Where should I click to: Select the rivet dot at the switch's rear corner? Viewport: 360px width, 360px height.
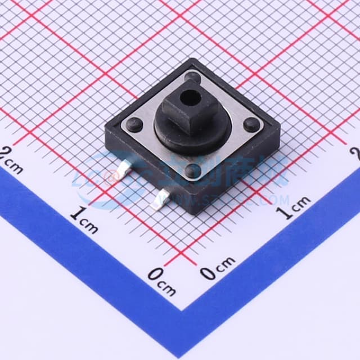point(192,76)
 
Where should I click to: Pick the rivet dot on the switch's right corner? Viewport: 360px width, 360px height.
point(250,123)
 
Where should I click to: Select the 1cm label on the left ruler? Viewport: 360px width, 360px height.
point(84,219)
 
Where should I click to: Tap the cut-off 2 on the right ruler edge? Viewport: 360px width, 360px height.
point(355,152)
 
